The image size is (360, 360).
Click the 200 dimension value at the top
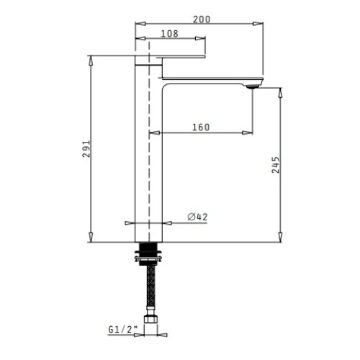(x=202, y=19)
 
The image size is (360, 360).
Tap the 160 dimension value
(x=202, y=127)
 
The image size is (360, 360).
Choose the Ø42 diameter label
(x=197, y=217)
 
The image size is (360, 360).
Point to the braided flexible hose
(x=149, y=288)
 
